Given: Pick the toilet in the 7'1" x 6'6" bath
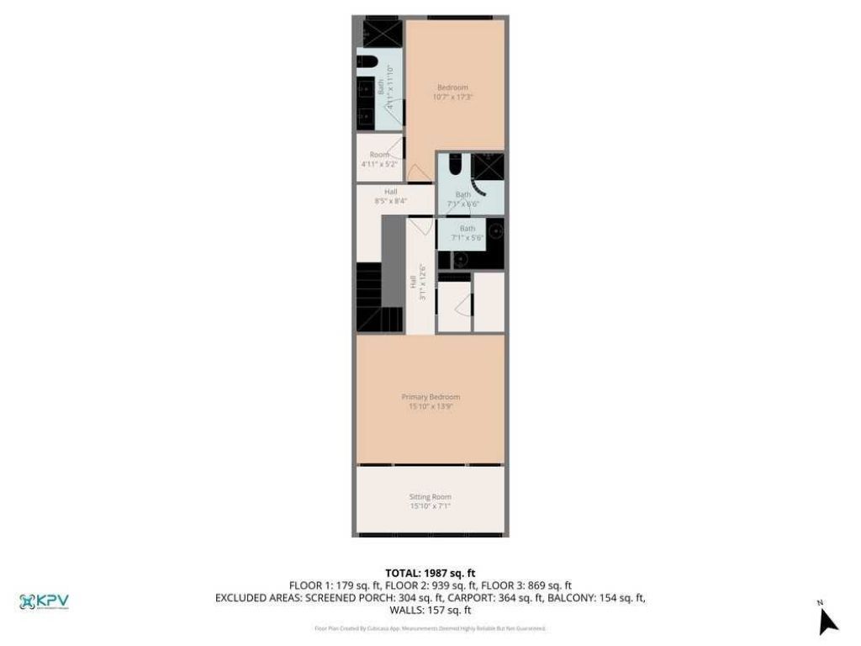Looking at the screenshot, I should (x=455, y=165).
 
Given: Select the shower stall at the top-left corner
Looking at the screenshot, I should (x=382, y=34).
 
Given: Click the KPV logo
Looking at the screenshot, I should (x=44, y=601).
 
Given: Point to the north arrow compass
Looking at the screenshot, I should (x=827, y=619).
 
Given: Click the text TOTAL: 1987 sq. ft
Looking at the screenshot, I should (x=430, y=573).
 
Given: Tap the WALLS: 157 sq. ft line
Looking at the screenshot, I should (x=430, y=609).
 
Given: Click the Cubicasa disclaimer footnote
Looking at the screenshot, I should (x=430, y=628).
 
